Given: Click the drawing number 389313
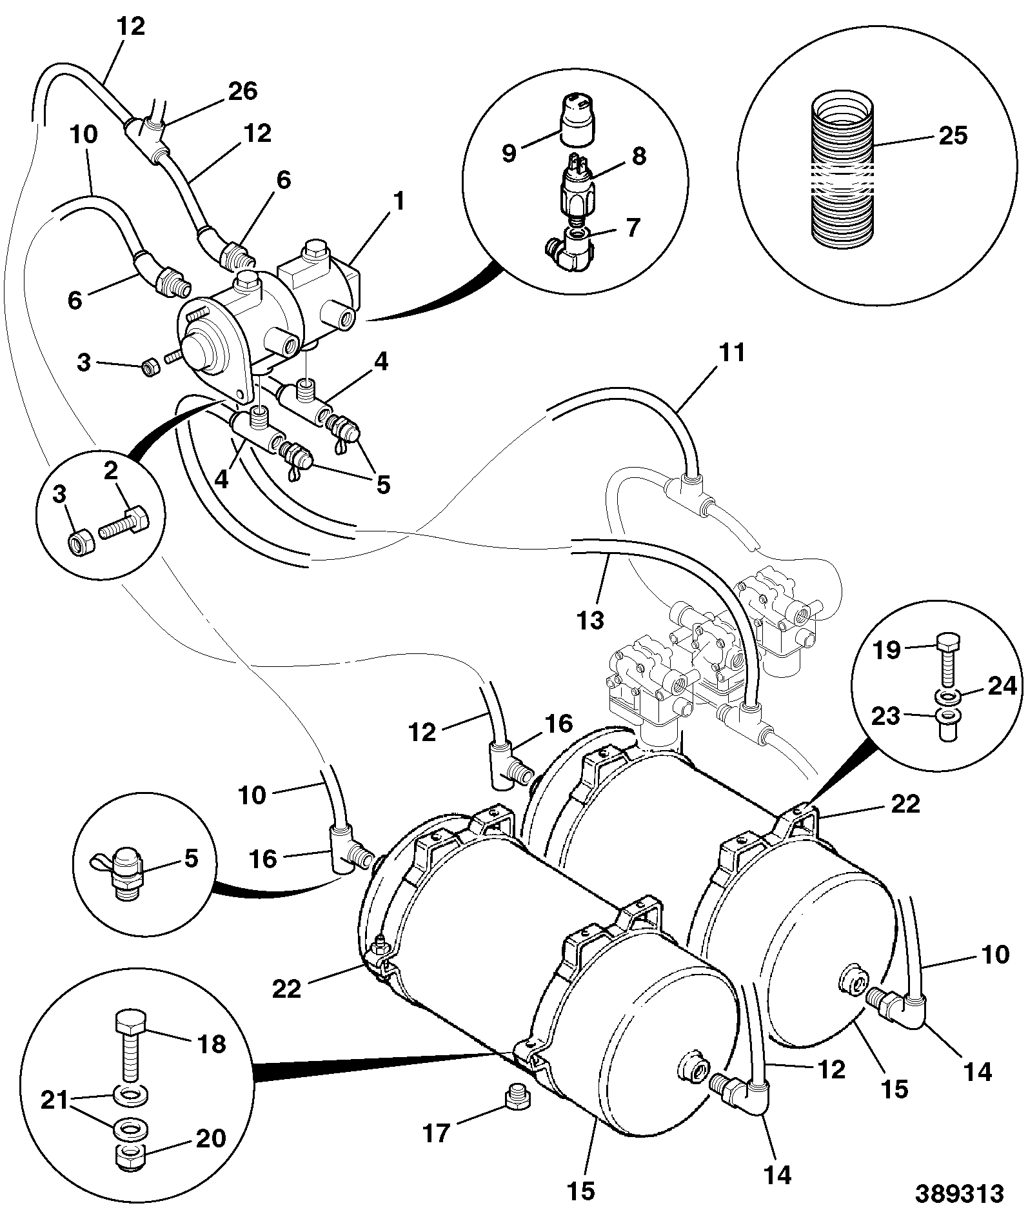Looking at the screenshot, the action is click(x=960, y=1193).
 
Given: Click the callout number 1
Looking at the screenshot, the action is click(x=399, y=201).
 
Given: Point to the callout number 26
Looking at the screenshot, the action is click(x=242, y=91).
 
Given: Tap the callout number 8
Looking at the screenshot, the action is click(x=638, y=155).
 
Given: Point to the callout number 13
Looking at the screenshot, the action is click(x=591, y=619).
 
